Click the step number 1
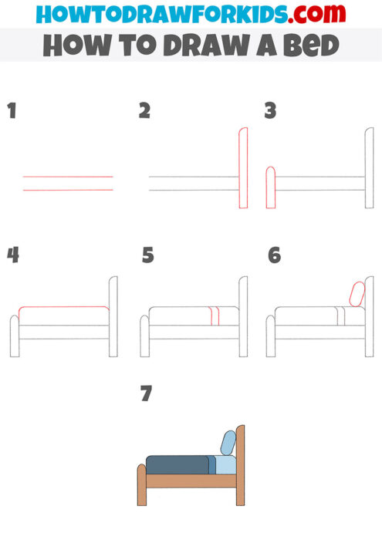(x=12, y=111)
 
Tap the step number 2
(x=144, y=111)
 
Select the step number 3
(x=270, y=111)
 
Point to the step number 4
(x=12, y=255)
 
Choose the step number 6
(x=274, y=255)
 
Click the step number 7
(x=147, y=394)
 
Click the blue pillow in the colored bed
(x=228, y=442)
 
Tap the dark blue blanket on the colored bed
(x=177, y=464)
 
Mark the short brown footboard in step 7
(x=142, y=484)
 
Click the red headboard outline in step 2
(x=243, y=168)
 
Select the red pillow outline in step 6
(x=357, y=294)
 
